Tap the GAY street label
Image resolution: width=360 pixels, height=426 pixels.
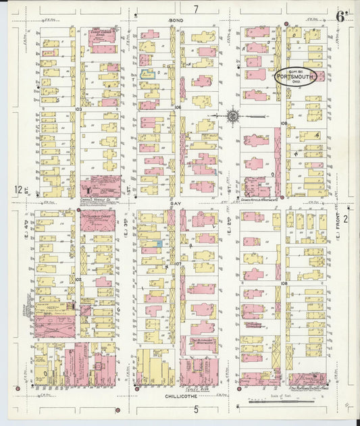coord(176,201)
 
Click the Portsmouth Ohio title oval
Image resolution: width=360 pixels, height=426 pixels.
coord(299,77)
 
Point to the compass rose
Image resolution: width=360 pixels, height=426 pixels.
coord(232,116)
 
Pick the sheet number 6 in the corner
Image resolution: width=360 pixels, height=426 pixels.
coord(341,17)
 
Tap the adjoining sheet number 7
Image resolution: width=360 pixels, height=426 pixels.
coord(196,9)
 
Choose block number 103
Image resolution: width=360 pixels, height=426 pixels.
coord(78,108)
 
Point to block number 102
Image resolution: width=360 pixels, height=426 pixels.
coord(78,278)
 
